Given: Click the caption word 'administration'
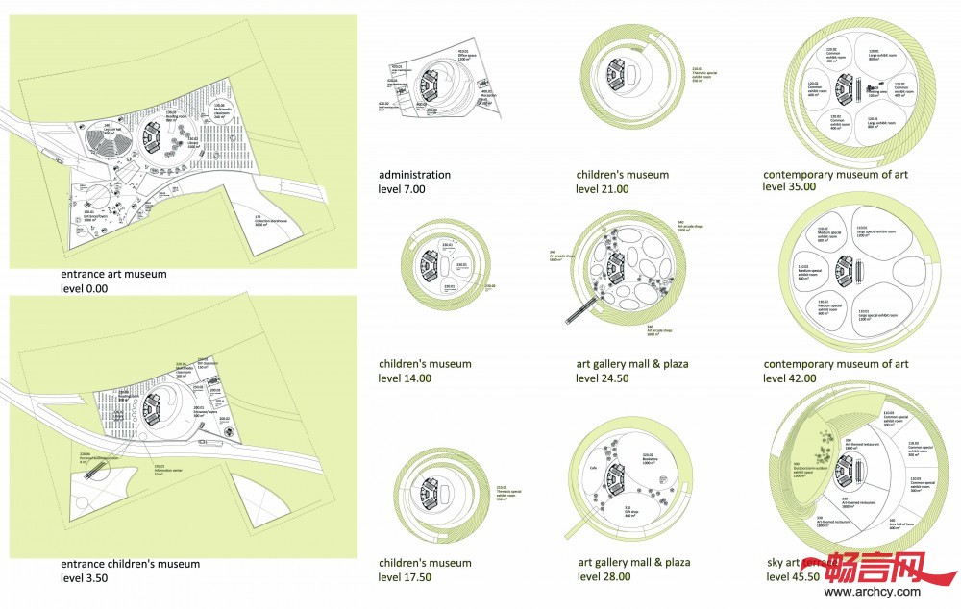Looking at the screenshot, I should point(414,175).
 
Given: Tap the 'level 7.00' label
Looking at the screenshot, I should point(401,189).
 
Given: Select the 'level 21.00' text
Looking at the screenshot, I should point(603,189).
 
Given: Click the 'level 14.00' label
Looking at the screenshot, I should point(406,378).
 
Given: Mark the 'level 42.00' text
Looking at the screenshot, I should point(790,378).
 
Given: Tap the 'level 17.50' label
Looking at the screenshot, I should point(406,576).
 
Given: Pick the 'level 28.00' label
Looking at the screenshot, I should point(604,576).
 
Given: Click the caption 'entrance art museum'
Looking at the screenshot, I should point(112,274).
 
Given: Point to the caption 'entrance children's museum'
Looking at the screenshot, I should point(130,564).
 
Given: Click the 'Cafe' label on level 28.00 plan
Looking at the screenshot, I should point(594,472).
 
